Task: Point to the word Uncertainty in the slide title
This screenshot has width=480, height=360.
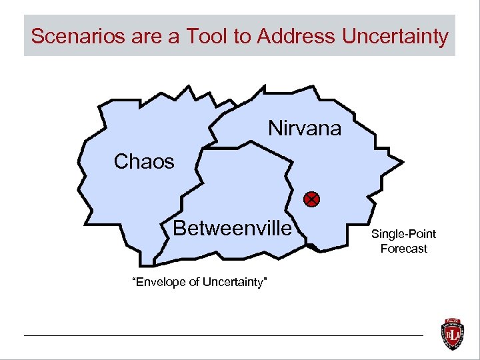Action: point(395,36)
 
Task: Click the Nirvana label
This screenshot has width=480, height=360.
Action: point(305,127)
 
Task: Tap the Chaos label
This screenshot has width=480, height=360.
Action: point(144,161)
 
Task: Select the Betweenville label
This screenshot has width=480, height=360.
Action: point(232,229)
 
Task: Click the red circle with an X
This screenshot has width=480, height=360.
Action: point(311,199)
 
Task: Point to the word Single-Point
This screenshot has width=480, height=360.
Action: point(403,234)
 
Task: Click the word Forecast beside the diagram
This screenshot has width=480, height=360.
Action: point(403,249)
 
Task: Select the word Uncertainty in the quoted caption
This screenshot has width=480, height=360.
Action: point(235,283)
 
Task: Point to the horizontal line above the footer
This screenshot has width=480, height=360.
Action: point(223,335)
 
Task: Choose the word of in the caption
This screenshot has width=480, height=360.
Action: point(194,283)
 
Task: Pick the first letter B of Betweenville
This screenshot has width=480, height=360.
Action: point(179,229)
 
